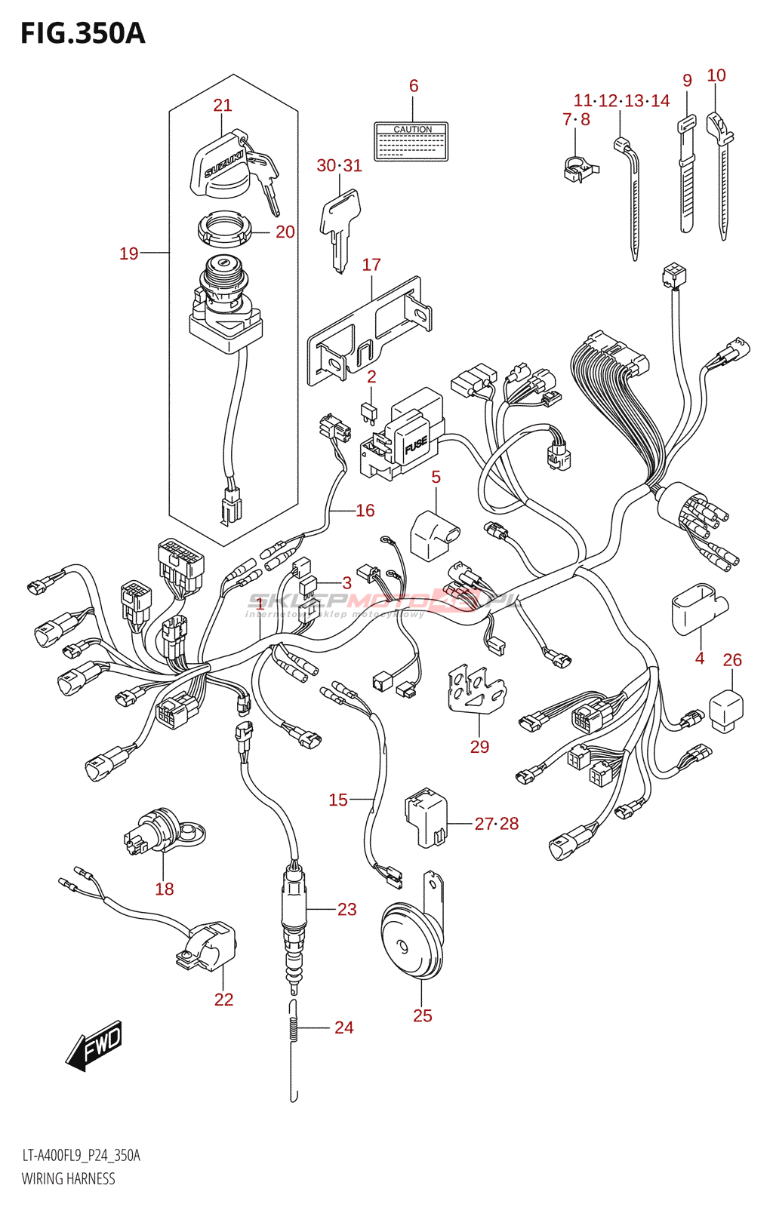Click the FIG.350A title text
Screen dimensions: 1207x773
pyautogui.click(x=82, y=34)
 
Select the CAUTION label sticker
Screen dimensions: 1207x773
pyautogui.click(x=411, y=142)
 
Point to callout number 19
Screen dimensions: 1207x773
pyautogui.click(x=129, y=253)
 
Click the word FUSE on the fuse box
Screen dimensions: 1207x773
pyautogui.click(x=416, y=447)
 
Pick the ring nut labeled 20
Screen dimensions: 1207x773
pyautogui.click(x=223, y=228)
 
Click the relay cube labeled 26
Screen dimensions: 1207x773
pyautogui.click(x=727, y=710)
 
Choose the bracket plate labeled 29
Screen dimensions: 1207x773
pyautogui.click(x=476, y=689)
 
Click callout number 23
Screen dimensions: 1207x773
pyautogui.click(x=346, y=910)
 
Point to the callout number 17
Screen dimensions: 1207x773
pyautogui.click(x=371, y=265)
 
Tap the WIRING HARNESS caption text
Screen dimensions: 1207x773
pyautogui.click(x=69, y=1178)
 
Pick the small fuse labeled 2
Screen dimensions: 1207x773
pyautogui.click(x=368, y=411)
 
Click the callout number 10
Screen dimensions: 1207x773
pyautogui.click(x=716, y=75)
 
